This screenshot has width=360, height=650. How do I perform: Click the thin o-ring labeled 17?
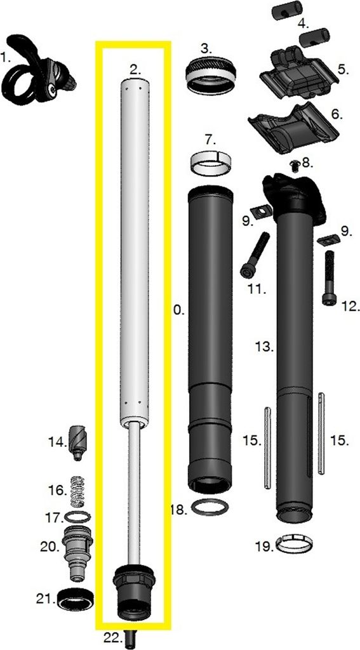coord(76,517)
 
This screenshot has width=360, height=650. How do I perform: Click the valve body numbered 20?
coord(78,550)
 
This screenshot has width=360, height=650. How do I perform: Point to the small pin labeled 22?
coord(131,637)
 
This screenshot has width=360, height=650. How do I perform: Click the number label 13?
coord(263,347)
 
